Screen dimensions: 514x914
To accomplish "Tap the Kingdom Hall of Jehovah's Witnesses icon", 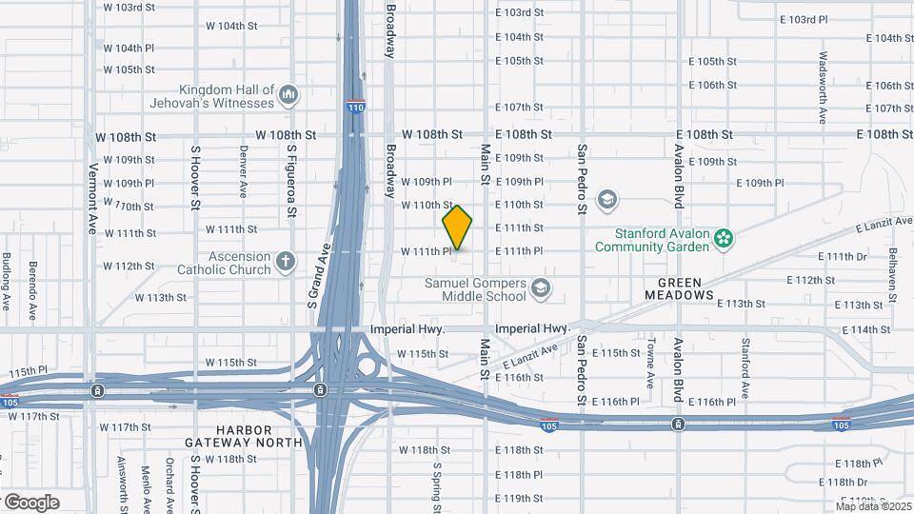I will [289, 95].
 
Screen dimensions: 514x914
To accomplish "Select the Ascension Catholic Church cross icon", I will [285, 261].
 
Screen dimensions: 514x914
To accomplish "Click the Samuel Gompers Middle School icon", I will [541, 287].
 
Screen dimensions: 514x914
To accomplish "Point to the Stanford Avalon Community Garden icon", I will [724, 237].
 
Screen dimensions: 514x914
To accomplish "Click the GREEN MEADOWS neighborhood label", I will [685, 289].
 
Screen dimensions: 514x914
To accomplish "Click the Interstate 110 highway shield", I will [355, 107].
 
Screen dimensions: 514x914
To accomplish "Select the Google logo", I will [31, 502].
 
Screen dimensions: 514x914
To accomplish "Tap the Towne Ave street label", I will [651, 363].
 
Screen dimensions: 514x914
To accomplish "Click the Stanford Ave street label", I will [745, 367].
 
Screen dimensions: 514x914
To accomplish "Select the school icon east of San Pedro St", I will [606, 200].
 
